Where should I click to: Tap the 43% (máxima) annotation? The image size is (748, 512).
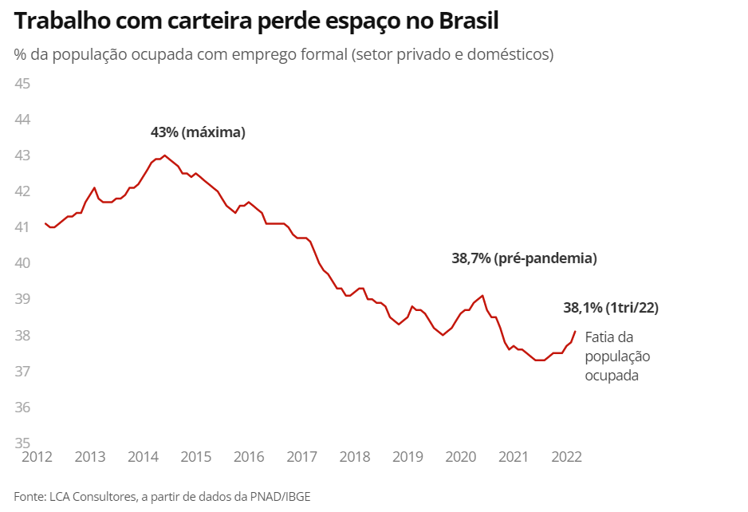(198, 132)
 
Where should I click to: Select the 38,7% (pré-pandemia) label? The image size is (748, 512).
(524, 258)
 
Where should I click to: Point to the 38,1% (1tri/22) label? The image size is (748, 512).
(611, 308)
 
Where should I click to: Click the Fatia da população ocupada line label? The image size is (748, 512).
(618, 356)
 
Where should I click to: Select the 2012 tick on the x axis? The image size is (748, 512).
(37, 457)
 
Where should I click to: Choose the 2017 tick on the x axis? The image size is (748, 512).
(301, 457)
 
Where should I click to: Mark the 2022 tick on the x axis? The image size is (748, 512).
(566, 457)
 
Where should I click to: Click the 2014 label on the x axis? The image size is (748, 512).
(143, 457)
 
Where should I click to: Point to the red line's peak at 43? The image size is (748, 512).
(164, 156)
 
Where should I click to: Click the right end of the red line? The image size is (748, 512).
(575, 332)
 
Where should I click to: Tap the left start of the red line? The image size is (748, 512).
(45, 223)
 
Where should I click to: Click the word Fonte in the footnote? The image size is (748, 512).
(29, 497)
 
